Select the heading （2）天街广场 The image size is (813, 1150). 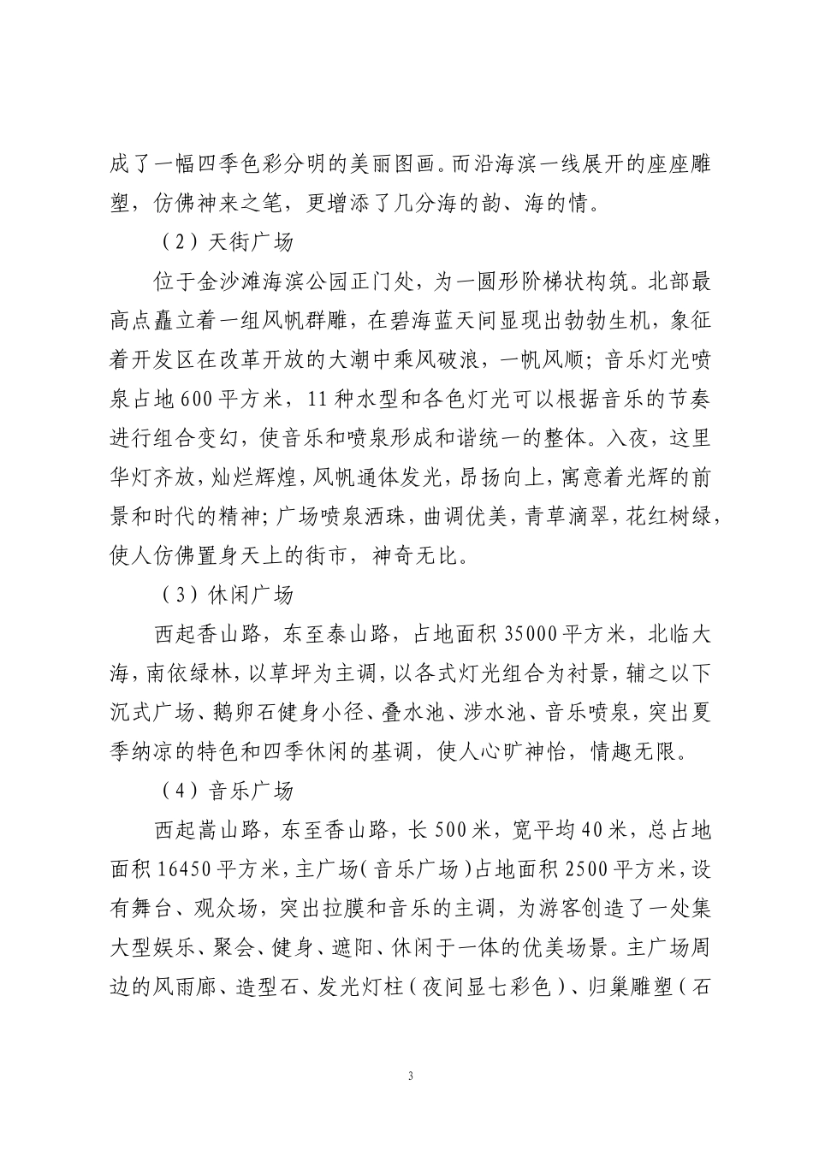(x=227, y=242)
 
